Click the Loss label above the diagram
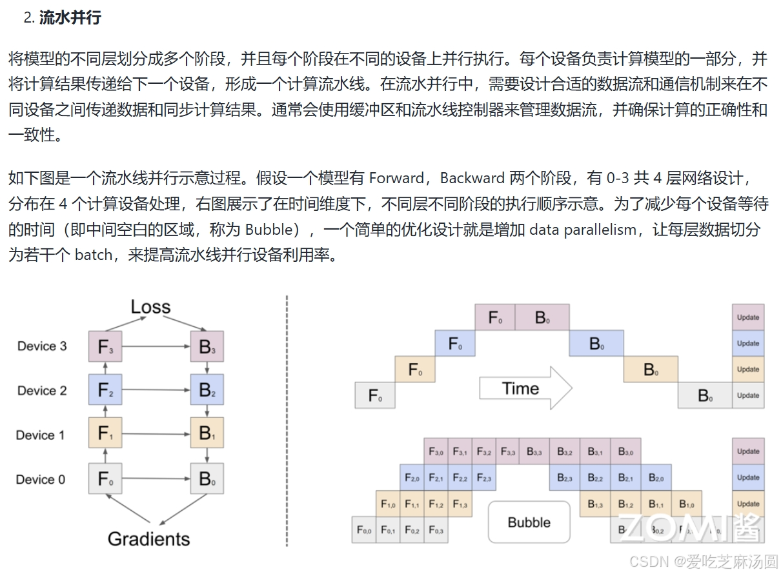pos(150,306)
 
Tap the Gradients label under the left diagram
pos(149,539)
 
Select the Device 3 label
pos(42,346)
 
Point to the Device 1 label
pos(41,435)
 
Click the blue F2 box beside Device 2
pos(105,390)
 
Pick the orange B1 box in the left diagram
pos(207,435)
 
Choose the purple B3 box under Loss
pos(207,347)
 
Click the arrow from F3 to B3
pos(156,347)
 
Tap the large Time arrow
pos(525,388)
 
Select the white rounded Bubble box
pos(529,522)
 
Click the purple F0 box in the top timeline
pos(495,317)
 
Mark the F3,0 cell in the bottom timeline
pos(436,451)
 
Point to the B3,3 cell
pos(534,451)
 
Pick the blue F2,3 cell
pos(484,478)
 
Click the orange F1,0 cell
pos(388,504)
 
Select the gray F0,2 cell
pos(412,530)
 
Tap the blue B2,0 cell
pos(656,478)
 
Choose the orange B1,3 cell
pos(595,504)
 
